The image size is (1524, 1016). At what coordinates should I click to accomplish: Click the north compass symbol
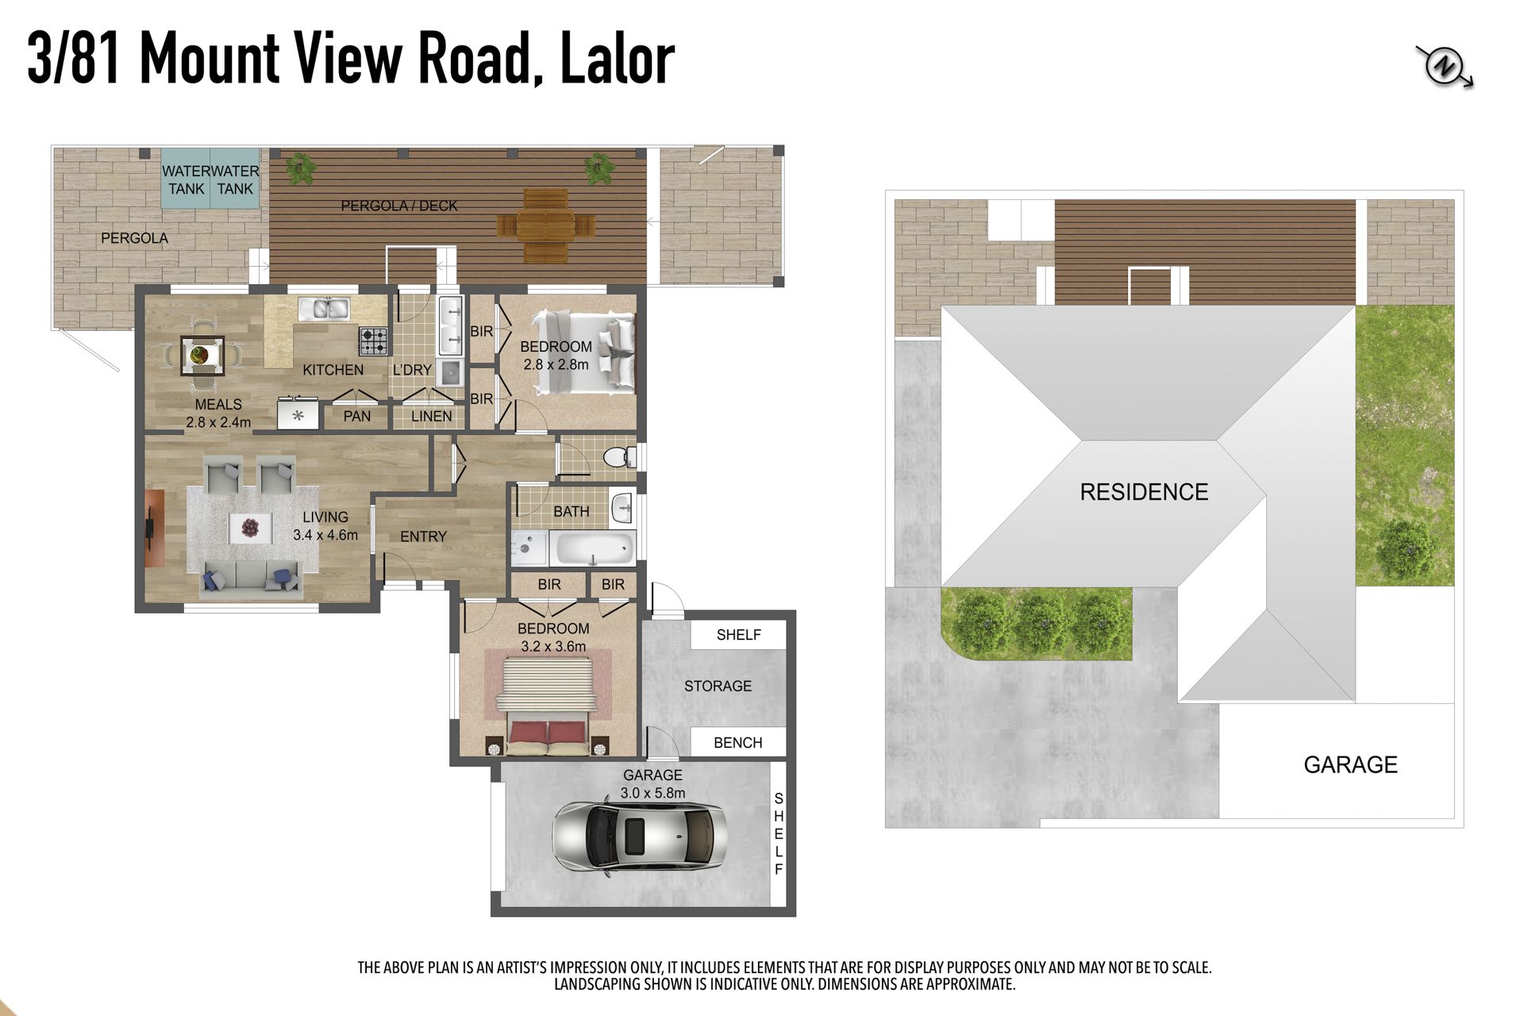[1445, 67]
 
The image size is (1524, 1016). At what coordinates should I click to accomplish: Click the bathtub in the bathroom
[593, 548]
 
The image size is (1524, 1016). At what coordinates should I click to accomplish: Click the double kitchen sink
[325, 308]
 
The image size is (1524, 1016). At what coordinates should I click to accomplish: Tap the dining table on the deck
[545, 225]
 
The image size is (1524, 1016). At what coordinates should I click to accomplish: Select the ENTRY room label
[423, 537]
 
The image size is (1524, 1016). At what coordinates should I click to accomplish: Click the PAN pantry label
[357, 416]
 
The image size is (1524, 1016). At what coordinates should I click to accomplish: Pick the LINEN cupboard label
[432, 416]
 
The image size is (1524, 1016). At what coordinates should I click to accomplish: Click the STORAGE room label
[718, 686]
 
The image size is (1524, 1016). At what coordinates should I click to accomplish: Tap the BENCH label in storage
[738, 743]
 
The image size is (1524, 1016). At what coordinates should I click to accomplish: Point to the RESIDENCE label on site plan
[1144, 492]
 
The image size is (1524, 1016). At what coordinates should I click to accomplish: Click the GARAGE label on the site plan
[1350, 764]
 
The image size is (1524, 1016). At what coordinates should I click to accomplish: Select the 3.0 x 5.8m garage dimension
[652, 793]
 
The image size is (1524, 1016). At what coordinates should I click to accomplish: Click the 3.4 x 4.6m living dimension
[325, 535]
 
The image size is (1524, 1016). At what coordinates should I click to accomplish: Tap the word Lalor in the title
[618, 59]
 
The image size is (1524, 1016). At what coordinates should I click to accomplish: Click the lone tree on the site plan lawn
[1405, 550]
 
